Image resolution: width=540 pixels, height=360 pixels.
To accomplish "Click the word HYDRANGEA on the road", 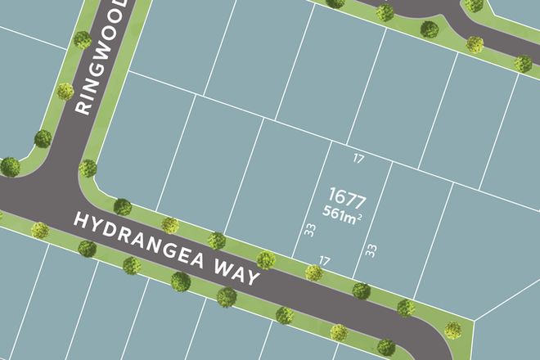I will click(147, 243).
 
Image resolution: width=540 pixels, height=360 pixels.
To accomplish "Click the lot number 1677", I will click(346, 197).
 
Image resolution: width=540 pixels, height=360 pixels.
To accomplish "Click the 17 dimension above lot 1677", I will click(358, 158).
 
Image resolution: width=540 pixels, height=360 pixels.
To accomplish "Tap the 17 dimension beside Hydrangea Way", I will click(324, 260).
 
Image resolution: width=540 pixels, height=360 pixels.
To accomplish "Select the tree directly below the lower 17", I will click(313, 272).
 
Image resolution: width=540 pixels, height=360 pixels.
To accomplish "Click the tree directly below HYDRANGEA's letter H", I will click(87, 248).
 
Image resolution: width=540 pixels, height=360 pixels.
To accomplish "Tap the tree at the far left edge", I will click(10, 167).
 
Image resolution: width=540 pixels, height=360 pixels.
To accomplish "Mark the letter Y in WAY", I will click(254, 277).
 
